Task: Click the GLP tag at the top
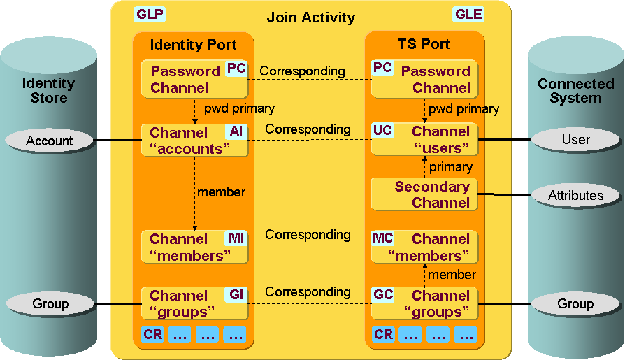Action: pyautogui.click(x=149, y=15)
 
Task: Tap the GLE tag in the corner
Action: pyautogui.click(x=468, y=15)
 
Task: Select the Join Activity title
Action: pyautogui.click(x=311, y=17)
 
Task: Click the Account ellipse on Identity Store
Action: pyautogui.click(x=49, y=141)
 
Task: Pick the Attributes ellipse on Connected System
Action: pyautogui.click(x=575, y=195)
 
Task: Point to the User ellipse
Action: pyautogui.click(x=575, y=139)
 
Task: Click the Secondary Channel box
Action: pyautogui.click(x=424, y=194)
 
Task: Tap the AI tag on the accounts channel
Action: pyautogui.click(x=236, y=131)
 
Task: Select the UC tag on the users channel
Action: pyautogui.click(x=382, y=131)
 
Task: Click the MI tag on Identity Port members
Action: pyautogui.click(x=236, y=238)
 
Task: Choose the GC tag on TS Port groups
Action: pyautogui.click(x=382, y=294)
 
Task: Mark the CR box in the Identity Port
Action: pyautogui.click(x=152, y=334)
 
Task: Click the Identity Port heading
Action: pyautogui.click(x=193, y=45)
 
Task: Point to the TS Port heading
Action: pyautogui.click(x=424, y=44)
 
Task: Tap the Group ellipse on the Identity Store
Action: pyautogui.click(x=49, y=303)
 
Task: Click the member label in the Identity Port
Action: pyautogui.click(x=221, y=192)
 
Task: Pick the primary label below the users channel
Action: pyautogui.click(x=450, y=167)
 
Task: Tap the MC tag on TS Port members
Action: pyautogui.click(x=382, y=238)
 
